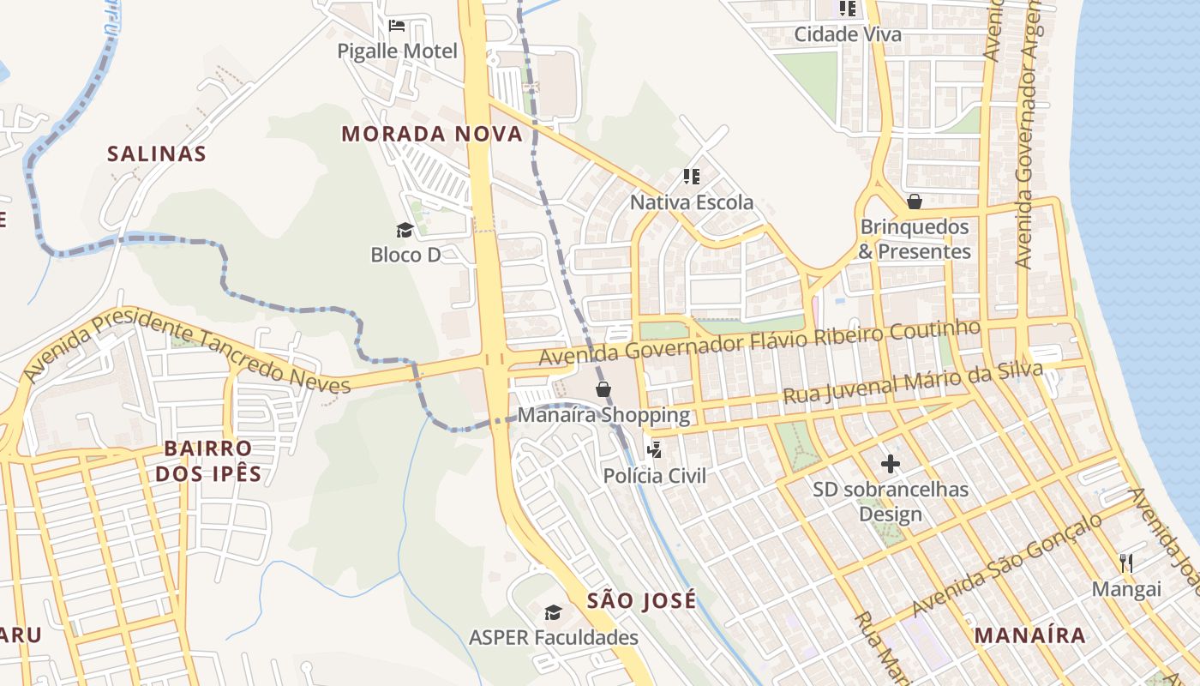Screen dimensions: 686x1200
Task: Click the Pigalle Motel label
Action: click(397, 51)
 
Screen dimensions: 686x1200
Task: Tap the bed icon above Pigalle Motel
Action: click(397, 26)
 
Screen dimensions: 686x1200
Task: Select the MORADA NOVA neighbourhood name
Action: click(432, 134)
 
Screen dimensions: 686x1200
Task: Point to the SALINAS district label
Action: click(157, 153)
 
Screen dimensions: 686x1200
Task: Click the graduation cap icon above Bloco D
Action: click(405, 230)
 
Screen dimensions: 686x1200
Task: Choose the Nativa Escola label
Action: click(692, 202)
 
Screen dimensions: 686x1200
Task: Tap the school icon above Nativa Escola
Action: click(692, 177)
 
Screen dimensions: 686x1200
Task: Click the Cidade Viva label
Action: click(848, 34)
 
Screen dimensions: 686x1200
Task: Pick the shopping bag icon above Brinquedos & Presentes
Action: click(915, 202)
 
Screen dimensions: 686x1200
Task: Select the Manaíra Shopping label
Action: click(603, 416)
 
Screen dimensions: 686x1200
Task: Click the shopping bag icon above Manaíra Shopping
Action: click(603, 389)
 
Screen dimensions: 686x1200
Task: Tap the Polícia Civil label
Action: click(655, 476)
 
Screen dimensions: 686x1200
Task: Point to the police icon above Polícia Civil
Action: click(655, 448)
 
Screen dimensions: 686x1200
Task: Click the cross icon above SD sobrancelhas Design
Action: click(891, 465)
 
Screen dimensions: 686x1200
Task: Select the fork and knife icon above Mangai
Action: click(1126, 563)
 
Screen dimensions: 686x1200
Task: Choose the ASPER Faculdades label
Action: click(554, 638)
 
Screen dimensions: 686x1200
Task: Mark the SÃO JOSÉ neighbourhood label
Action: click(642, 601)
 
